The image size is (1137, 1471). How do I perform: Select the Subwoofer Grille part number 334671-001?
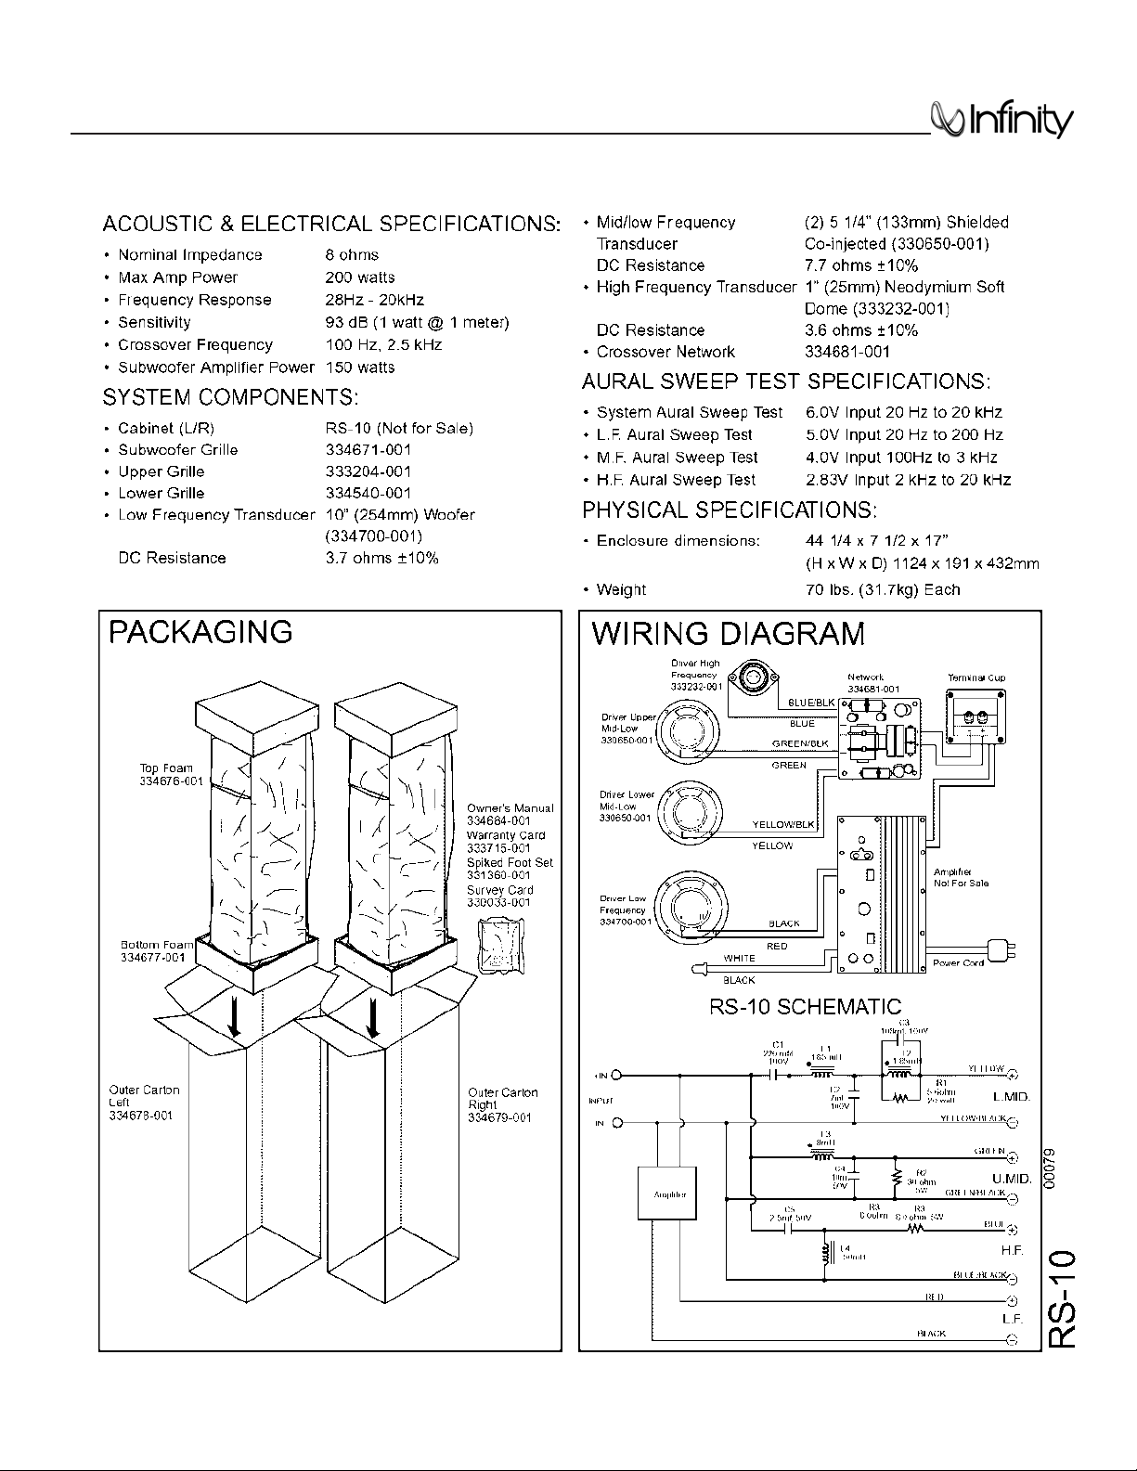pos(368,450)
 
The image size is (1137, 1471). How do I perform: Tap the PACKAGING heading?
pos(200,632)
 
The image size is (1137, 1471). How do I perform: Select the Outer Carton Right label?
pos(502,1104)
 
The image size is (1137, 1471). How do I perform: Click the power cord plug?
pos(1001,951)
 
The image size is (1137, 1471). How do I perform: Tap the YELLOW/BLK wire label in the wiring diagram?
pos(782,824)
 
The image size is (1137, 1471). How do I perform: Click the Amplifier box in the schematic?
pos(669,1194)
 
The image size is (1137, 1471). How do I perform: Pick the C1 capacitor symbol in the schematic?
pos(777,1075)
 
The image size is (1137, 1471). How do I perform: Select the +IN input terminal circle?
pos(615,1076)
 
